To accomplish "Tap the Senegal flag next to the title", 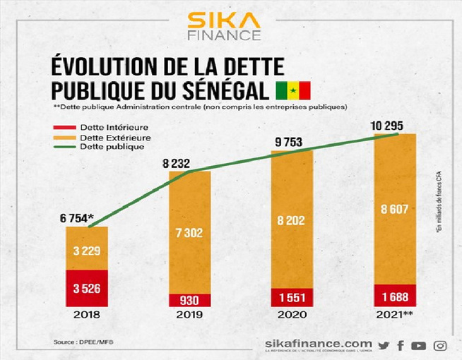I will pyautogui.click(x=292, y=90).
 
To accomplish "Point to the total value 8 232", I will pyautogui.click(x=178, y=163).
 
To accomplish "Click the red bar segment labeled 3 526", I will pyautogui.click(x=87, y=288).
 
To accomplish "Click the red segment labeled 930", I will pyautogui.click(x=189, y=300).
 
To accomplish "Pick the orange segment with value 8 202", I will pyautogui.click(x=292, y=220).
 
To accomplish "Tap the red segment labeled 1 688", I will pyautogui.click(x=394, y=296).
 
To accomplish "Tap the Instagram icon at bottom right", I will pyautogui.click(x=440, y=345).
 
